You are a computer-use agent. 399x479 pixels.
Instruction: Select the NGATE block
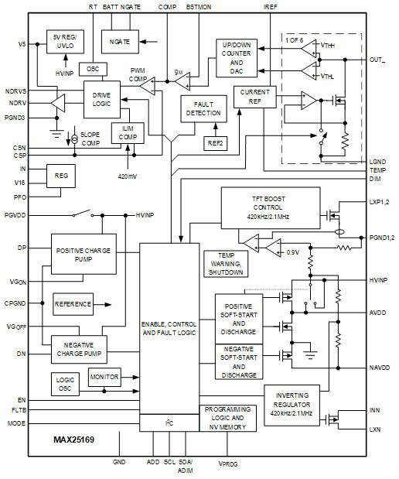click(x=120, y=41)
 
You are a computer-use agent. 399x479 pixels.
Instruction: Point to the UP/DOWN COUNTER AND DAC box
click(x=237, y=56)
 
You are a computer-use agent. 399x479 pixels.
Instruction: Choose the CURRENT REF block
click(x=254, y=97)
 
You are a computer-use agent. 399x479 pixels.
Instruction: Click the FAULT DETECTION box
click(x=203, y=108)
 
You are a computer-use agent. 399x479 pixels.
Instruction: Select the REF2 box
click(x=216, y=142)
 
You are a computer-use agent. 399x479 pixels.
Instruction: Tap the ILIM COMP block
click(x=127, y=132)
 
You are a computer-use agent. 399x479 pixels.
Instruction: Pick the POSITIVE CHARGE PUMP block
click(x=84, y=253)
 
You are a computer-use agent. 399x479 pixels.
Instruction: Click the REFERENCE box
click(x=73, y=304)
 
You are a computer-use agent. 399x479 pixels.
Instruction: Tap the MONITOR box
click(x=104, y=378)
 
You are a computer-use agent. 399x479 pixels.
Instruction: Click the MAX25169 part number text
click(x=74, y=440)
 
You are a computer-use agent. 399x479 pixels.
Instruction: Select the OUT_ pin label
click(x=377, y=60)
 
